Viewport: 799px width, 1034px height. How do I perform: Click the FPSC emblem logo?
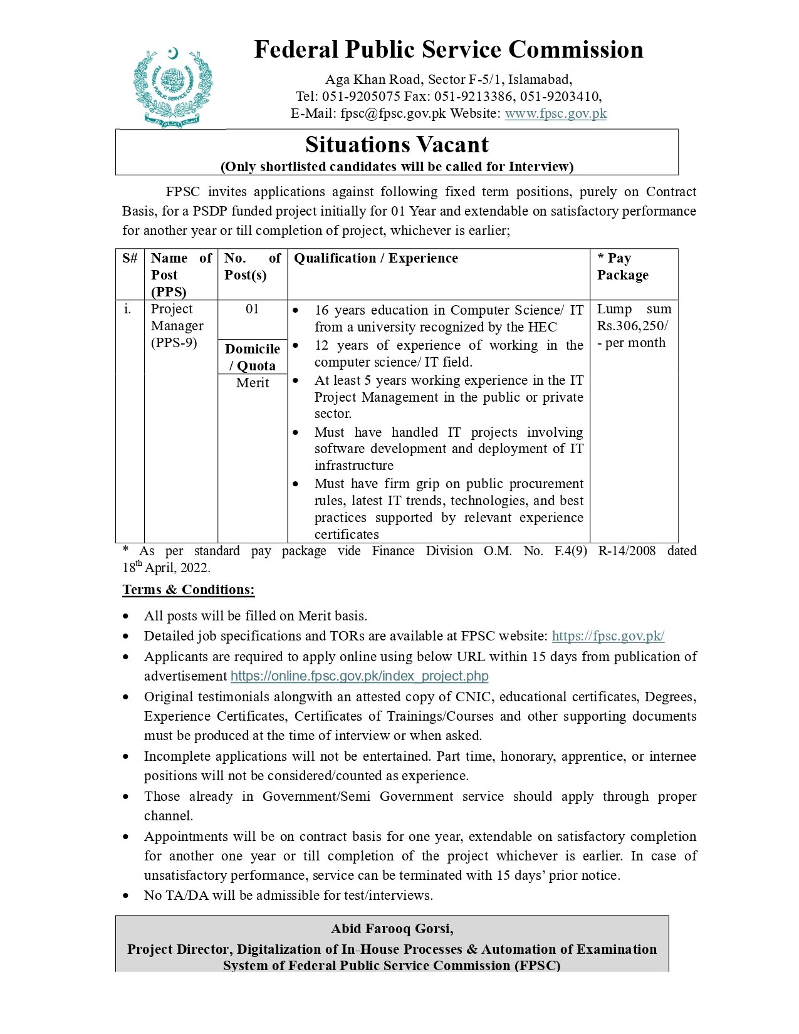[x=172, y=88]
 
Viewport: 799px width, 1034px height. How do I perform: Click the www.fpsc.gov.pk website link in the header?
[x=555, y=113]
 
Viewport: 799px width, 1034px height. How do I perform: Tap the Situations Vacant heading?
[x=397, y=145]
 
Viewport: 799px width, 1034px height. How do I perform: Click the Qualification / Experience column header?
[x=375, y=258]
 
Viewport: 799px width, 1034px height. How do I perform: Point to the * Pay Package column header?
[x=622, y=267]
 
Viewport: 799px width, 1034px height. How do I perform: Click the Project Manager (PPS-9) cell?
[x=177, y=326]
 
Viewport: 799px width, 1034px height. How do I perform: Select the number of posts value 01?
[x=252, y=309]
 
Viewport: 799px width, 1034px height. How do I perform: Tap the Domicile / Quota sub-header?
[x=252, y=357]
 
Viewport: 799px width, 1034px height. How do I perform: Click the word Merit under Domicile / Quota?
[x=252, y=383]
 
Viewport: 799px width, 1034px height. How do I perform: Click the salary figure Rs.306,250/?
[x=632, y=326]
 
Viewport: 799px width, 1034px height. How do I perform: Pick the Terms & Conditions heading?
[x=188, y=590]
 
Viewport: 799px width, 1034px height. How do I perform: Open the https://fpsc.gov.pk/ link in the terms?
[x=607, y=636]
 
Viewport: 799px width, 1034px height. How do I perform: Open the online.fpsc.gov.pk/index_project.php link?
[x=359, y=676]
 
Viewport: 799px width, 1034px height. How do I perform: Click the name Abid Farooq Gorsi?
[x=392, y=929]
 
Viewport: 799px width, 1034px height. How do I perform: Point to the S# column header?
[x=130, y=258]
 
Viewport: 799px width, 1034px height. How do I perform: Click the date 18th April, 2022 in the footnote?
[x=166, y=568]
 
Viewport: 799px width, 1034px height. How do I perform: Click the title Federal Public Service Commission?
[x=448, y=50]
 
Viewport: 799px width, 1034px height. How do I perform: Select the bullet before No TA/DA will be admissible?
[x=127, y=896]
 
